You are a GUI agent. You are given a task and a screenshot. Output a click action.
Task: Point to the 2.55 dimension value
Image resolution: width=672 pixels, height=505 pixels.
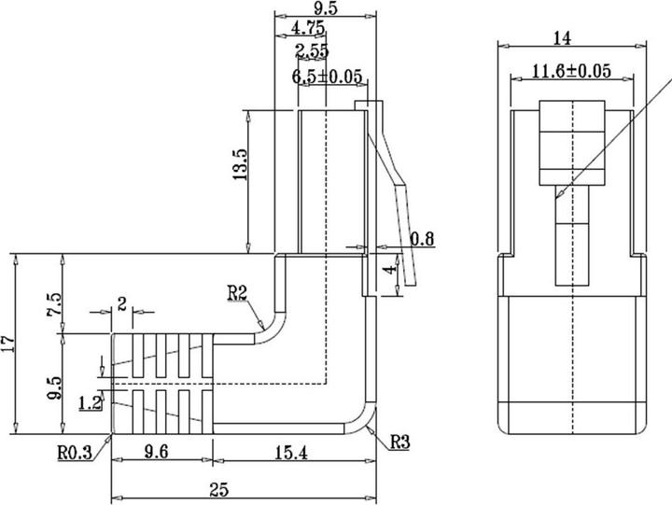(312, 51)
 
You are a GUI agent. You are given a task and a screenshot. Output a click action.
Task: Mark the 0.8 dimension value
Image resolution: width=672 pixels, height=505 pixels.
(423, 239)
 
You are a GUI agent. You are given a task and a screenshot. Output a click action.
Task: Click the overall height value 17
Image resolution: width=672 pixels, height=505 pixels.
(8, 344)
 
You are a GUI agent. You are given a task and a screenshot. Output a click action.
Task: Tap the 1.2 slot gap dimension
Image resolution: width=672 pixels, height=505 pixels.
(90, 403)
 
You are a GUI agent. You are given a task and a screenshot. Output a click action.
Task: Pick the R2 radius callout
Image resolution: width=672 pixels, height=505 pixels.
(237, 294)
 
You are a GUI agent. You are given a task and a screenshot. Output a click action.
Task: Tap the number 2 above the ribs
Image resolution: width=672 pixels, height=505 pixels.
(121, 303)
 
